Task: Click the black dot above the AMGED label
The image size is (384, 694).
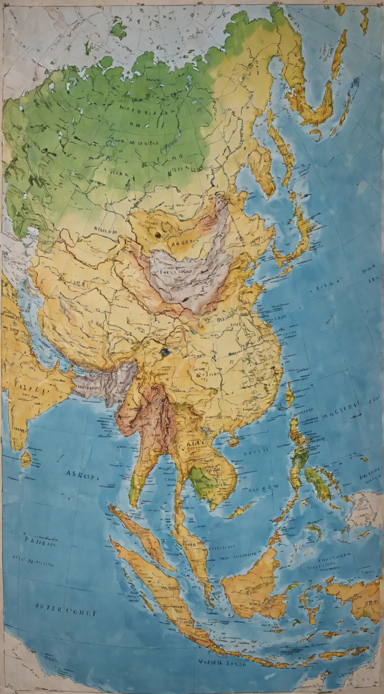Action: [x=157, y=235]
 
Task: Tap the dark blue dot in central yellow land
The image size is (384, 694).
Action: [x=164, y=352]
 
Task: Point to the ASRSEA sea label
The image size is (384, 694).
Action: [x=82, y=474]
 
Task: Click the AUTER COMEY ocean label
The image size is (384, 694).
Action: [x=66, y=613]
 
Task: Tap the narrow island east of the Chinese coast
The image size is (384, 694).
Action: [x=289, y=394]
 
